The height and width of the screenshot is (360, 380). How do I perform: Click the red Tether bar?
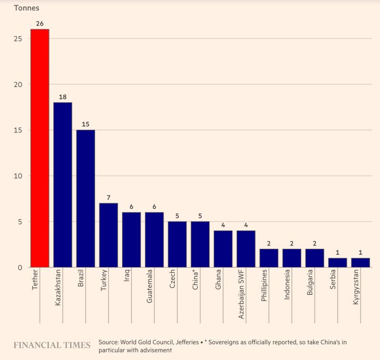tap(39, 148)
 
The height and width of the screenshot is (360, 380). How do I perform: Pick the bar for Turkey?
tap(108, 235)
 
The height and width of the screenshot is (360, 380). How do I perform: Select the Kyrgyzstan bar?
tap(361, 263)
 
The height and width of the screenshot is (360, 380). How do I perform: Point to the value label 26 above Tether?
tap(39, 23)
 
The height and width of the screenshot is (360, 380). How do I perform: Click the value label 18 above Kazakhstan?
tap(63, 97)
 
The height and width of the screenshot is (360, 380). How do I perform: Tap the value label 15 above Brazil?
tap(85, 124)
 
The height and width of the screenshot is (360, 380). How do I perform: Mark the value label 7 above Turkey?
tap(108, 197)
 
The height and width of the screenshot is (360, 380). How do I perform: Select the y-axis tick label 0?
tap(20, 267)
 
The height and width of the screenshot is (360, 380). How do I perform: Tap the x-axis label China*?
tap(195, 280)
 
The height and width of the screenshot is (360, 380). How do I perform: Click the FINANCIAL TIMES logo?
tap(52, 345)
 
